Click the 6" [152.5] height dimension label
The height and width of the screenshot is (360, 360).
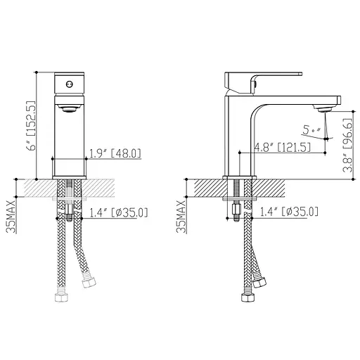pos(32,126)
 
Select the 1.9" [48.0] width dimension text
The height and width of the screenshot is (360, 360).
pos(115,153)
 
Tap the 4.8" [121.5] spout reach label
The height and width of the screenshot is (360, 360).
pos(283,148)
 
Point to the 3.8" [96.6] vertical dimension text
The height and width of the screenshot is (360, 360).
pos(347,145)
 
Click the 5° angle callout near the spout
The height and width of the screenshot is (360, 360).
pos(311,130)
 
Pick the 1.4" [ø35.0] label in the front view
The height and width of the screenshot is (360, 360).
pos(119,213)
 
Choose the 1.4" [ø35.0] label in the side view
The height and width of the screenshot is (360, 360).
pos(289,212)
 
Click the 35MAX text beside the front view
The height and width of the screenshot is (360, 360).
pos(11,217)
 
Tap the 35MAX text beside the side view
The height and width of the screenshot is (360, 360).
pos(181,217)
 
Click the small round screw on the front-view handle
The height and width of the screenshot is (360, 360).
pos(69,84)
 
